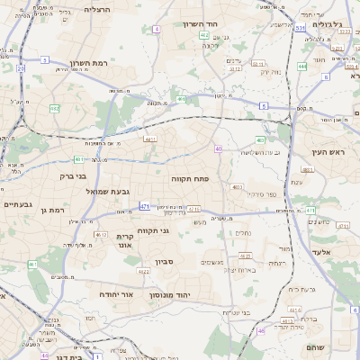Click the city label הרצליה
coord(95,8)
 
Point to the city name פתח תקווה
coord(191,179)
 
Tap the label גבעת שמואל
coord(85,192)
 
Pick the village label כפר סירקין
coord(263,194)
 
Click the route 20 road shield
coord(21,67)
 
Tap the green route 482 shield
coord(55,108)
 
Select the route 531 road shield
coord(299,29)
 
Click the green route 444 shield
coord(302,66)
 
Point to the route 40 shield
coord(219,148)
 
